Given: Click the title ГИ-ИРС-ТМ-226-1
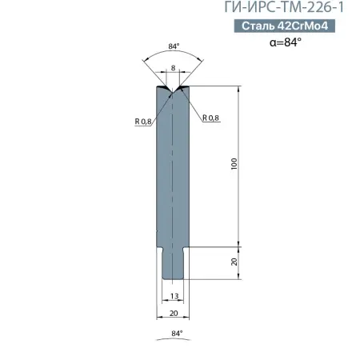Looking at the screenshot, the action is (284, 7).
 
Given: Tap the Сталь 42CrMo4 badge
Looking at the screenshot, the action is (285, 26).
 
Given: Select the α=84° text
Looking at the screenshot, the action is (286, 42).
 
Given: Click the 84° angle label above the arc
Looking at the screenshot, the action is (174, 46).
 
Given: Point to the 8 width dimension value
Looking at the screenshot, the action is (174, 68).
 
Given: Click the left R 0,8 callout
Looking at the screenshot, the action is (143, 122).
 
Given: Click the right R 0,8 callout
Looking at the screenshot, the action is (210, 118).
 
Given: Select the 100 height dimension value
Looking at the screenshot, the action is (234, 164).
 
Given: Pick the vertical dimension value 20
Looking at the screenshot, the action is (234, 262).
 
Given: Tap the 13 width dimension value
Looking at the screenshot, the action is (174, 296).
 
